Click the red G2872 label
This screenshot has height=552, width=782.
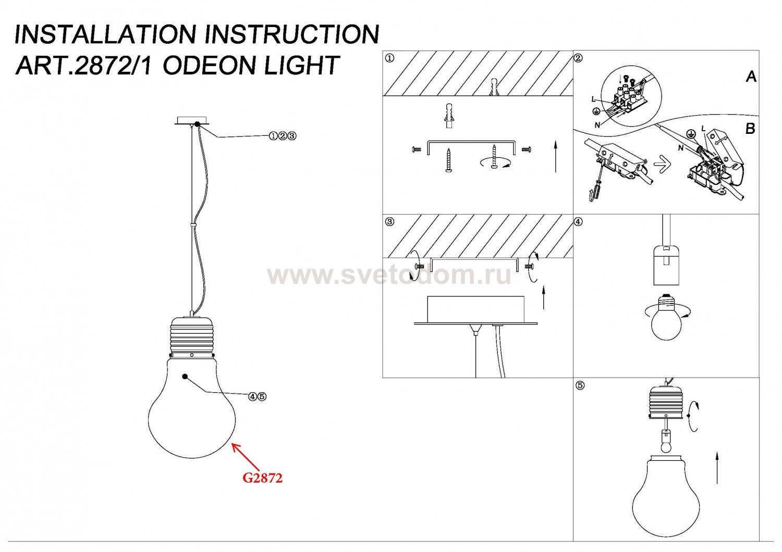click(x=263, y=478)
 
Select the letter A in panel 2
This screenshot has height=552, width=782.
click(x=751, y=77)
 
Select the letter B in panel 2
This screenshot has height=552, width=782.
click(x=750, y=129)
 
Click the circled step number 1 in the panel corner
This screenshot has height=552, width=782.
click(x=389, y=58)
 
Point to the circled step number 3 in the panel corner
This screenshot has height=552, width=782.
click(x=389, y=222)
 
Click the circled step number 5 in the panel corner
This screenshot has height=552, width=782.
click(x=580, y=386)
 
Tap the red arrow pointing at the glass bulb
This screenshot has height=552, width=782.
click(x=246, y=457)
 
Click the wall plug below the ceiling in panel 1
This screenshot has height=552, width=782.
click(x=449, y=116)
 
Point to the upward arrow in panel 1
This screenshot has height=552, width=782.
click(x=555, y=157)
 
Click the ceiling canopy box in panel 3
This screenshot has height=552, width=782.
click(x=475, y=310)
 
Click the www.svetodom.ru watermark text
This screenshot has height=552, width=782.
click(x=389, y=276)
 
